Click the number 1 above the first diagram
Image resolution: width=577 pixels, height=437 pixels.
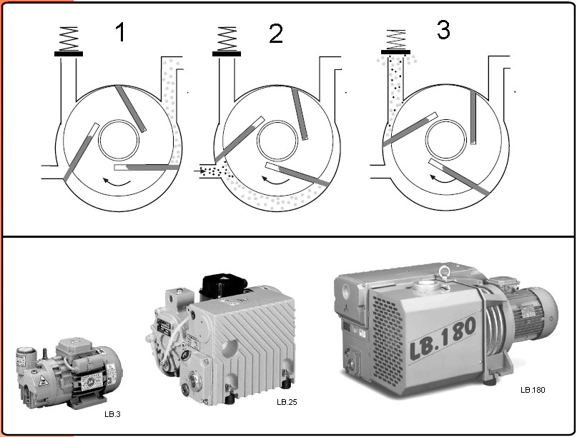[120, 32]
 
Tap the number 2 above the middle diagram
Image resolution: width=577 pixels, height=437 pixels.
[276, 34]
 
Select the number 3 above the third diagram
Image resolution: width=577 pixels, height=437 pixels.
[443, 30]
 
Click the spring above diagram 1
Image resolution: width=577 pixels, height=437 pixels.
[69, 39]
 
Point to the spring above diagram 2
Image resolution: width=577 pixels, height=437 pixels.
[227, 39]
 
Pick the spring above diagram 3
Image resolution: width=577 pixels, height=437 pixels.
[396, 39]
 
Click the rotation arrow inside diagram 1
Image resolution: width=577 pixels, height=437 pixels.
[117, 181]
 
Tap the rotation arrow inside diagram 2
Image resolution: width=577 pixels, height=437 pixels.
[275, 180]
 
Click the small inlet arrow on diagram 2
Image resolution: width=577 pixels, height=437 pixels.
[197, 171]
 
